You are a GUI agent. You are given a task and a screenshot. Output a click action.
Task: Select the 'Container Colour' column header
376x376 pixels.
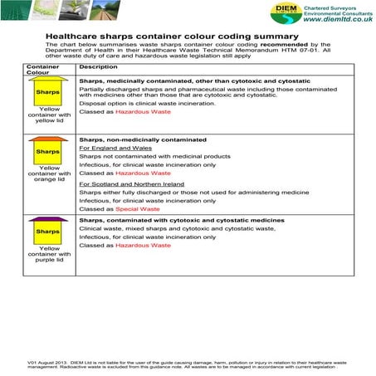(43, 69)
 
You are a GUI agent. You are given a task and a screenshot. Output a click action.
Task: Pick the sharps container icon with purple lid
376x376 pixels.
(48, 230)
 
